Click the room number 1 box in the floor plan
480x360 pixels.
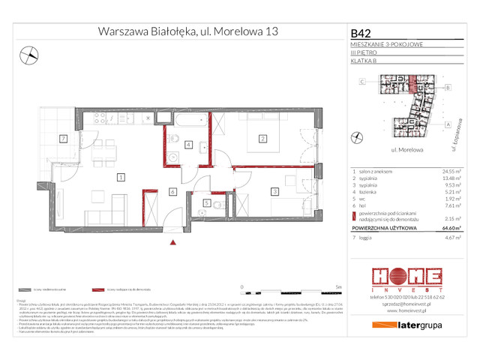tap(120, 177)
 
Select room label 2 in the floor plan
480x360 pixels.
tap(262, 138)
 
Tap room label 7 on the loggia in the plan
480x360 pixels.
tap(64, 139)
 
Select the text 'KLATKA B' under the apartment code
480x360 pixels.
tap(364, 61)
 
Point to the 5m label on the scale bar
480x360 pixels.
tap(340, 286)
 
